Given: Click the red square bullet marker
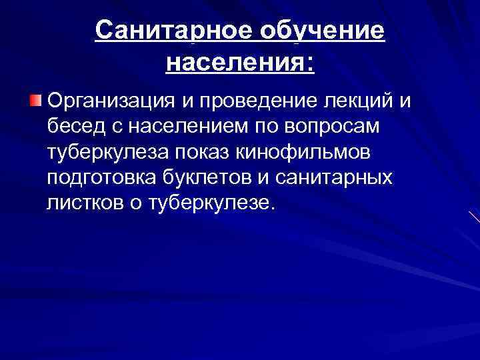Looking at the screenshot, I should coord(35,101).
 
